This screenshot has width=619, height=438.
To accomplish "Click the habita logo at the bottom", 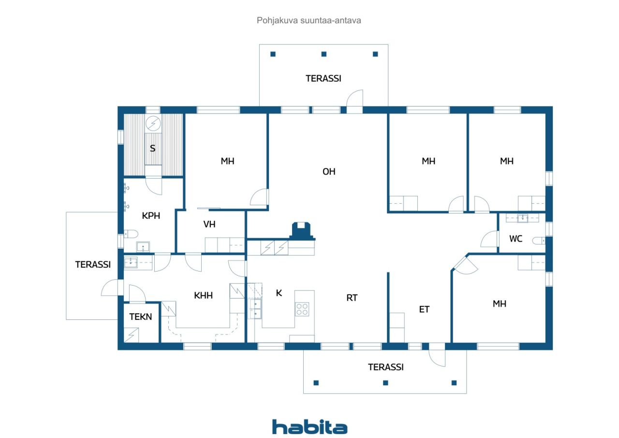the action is (309, 427).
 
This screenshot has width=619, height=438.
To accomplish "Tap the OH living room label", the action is (329, 172).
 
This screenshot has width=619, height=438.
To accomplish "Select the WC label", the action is (516, 239).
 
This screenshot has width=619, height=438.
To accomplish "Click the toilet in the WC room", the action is (539, 241).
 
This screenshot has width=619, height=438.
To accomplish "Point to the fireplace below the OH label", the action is (302, 231).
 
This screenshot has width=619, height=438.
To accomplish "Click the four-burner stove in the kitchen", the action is (302, 309).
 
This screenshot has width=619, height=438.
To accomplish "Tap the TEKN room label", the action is (141, 317).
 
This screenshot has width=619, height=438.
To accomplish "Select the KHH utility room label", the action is (204, 295).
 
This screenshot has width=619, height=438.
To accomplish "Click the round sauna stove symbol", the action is (153, 123).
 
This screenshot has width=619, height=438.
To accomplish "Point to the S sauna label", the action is (152, 149).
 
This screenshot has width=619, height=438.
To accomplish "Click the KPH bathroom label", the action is (151, 216).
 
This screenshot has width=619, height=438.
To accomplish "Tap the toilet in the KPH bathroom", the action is (131, 234).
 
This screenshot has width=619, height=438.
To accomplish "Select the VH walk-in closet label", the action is (209, 224).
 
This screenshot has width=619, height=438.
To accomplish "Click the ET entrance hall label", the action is (424, 309).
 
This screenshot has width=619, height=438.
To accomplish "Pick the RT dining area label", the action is (352, 298).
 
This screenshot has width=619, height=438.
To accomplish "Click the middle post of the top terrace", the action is (324, 54).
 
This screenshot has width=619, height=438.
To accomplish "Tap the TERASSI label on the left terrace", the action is (93, 265).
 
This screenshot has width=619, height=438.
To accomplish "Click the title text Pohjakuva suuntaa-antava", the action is (309, 20).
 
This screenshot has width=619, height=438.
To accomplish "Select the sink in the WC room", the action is (523, 218).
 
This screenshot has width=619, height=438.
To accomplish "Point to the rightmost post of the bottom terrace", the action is (454, 383).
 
